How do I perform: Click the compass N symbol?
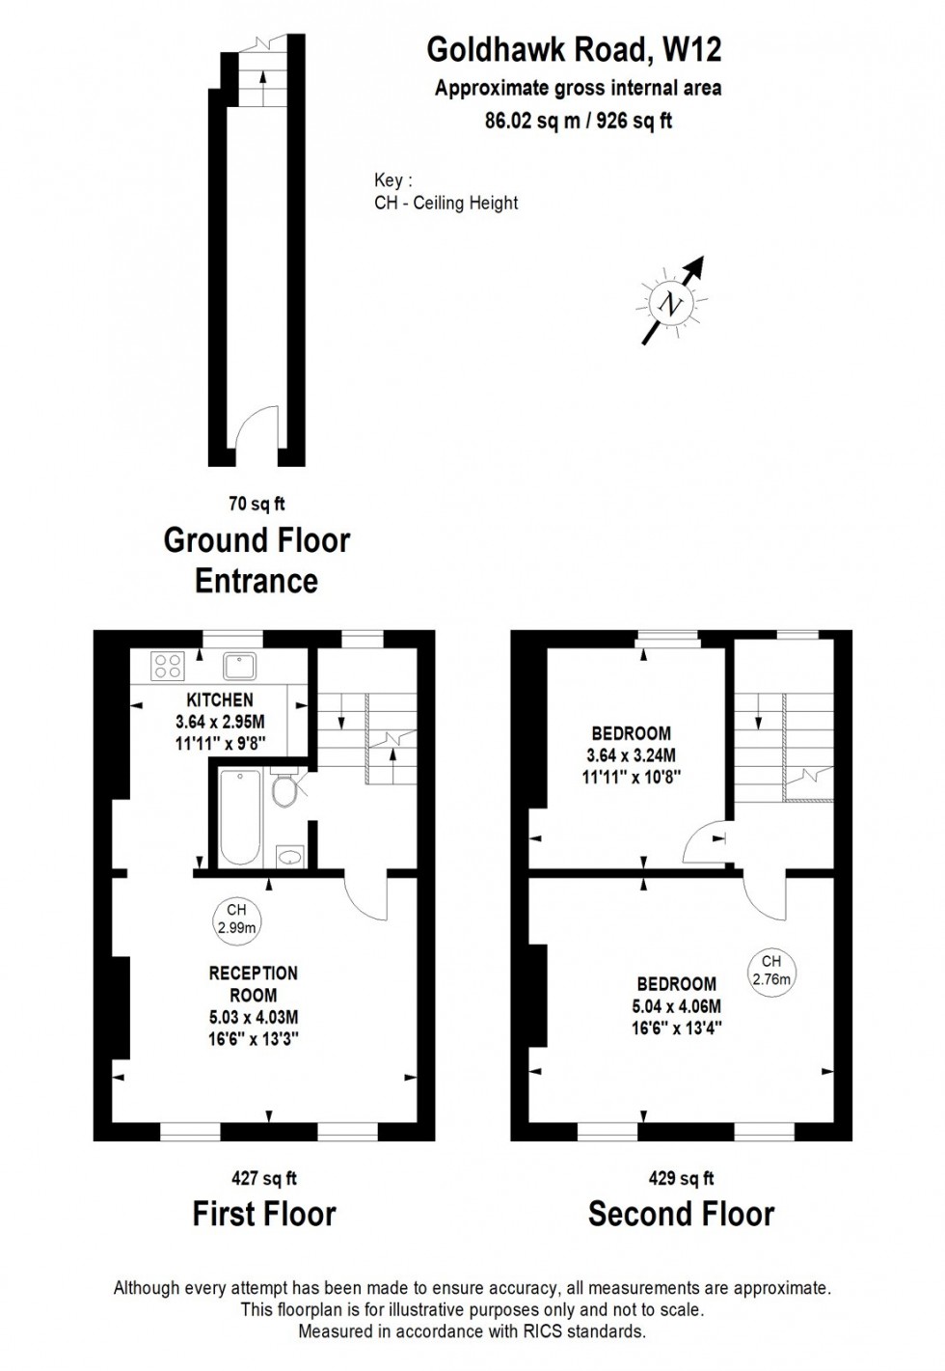pos(668,303)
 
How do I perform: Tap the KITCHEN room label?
pos(220,699)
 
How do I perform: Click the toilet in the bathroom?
pos(284,790)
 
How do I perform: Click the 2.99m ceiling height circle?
pos(236,919)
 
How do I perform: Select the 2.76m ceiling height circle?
pos(770,971)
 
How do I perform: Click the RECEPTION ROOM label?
pos(254,984)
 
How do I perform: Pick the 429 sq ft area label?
pos(681,1178)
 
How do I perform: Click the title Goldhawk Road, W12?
pos(575,48)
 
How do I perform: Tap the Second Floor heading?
pos(681,1213)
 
